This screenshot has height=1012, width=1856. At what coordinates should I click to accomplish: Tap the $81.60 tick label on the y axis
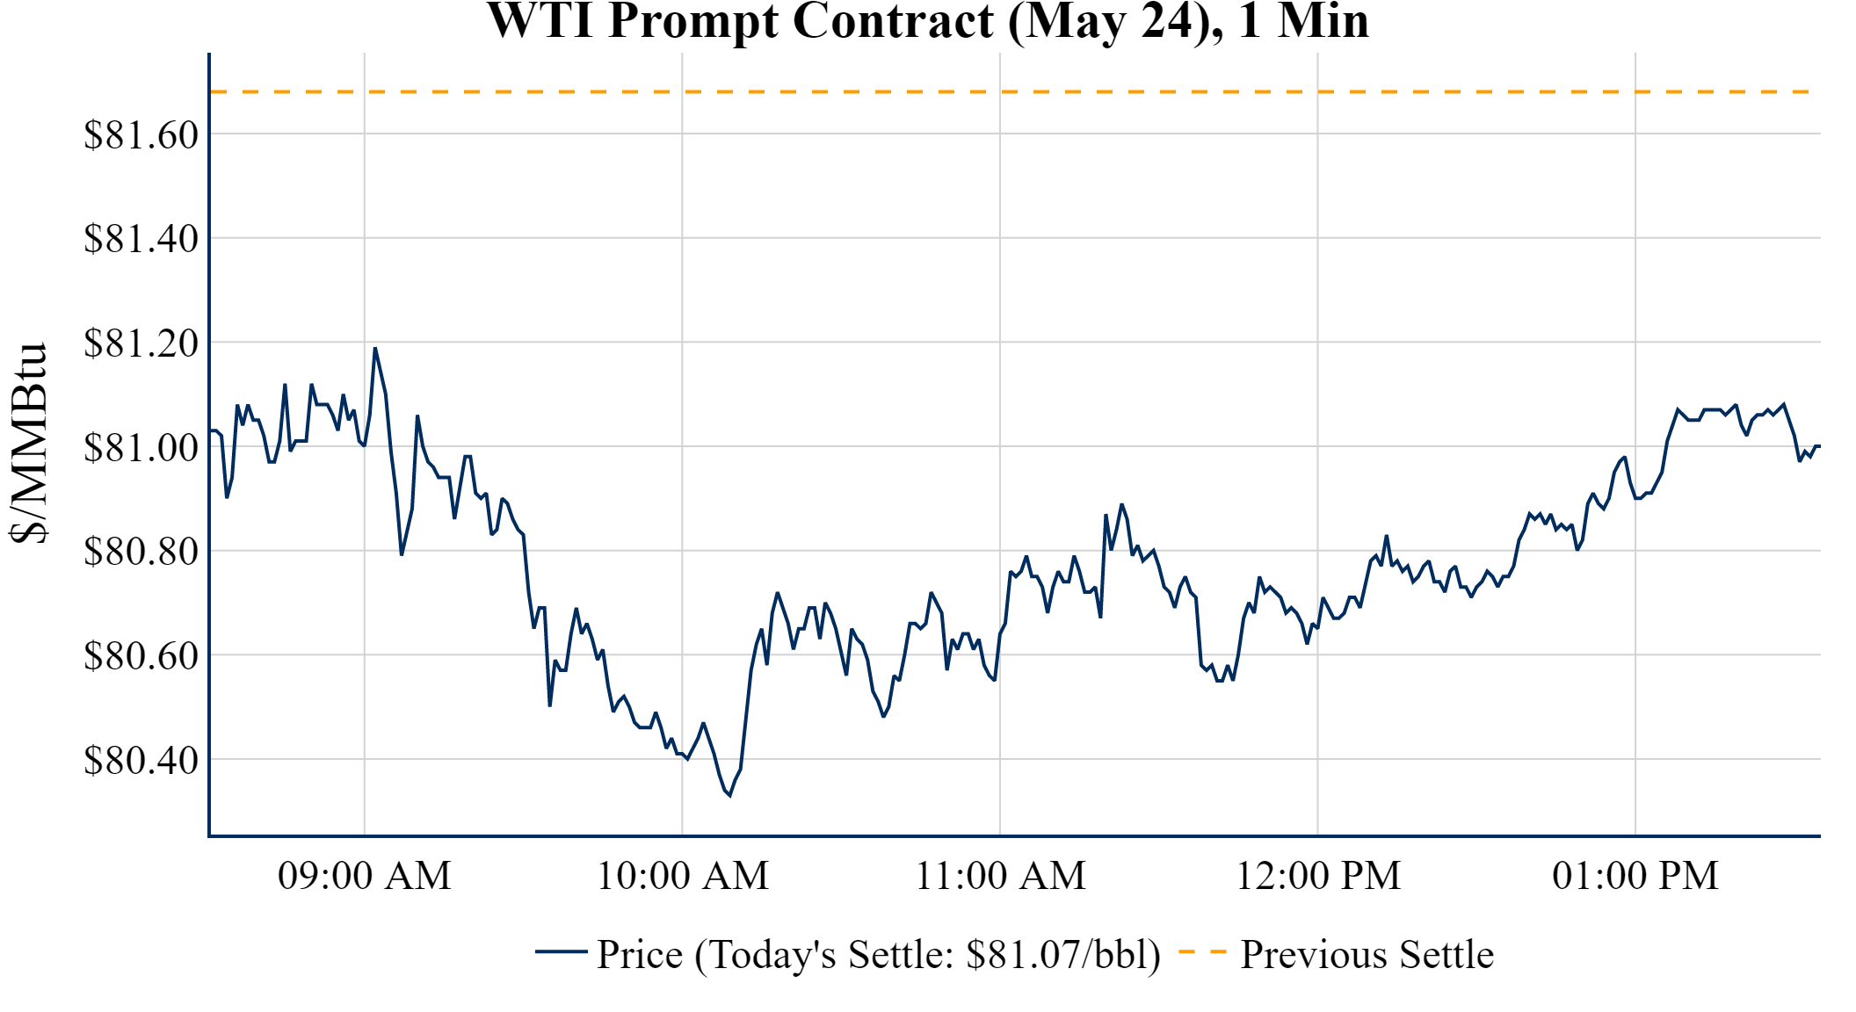(141, 135)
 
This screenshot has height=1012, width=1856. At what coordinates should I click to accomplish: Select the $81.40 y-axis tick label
(141, 239)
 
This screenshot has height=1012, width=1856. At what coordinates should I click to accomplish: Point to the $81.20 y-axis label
(141, 343)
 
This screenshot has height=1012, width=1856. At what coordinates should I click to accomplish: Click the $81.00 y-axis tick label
(141, 448)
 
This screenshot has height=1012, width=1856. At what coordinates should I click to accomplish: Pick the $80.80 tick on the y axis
(141, 552)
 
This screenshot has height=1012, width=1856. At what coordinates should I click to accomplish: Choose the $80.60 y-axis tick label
(141, 656)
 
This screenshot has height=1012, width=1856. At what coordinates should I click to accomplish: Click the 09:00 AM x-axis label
(365, 876)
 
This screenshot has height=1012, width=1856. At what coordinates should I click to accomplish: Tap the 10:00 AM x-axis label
(683, 876)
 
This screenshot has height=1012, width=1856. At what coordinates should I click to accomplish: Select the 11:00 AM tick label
(1001, 876)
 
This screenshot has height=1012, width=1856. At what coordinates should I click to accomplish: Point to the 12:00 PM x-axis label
(1318, 876)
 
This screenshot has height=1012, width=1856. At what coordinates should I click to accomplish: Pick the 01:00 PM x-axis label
(1635, 876)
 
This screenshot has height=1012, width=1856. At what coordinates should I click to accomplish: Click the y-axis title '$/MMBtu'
(28, 444)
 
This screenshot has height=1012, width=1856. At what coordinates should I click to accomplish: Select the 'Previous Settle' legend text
(1367, 955)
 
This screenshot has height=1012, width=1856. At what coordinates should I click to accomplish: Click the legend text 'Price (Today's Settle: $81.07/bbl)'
(879, 955)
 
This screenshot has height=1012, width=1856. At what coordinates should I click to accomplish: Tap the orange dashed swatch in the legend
(1201, 951)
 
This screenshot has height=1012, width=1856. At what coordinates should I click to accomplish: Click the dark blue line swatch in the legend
(561, 951)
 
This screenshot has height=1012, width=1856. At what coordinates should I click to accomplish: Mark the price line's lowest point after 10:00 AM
(729, 795)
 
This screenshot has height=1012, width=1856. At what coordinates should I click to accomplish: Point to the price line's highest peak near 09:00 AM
(375, 349)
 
